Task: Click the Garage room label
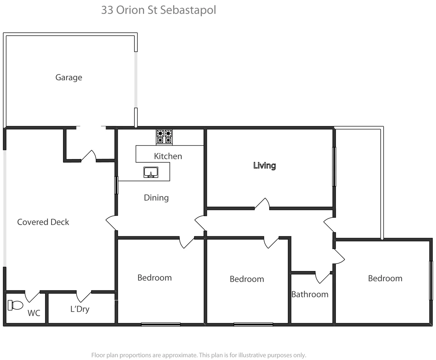pyautogui.click(x=69, y=77)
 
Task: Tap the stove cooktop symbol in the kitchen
pyautogui.click(x=164, y=137)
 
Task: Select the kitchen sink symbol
pyautogui.click(x=151, y=172)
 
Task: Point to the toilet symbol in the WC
pyautogui.click(x=15, y=305)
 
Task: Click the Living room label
pyautogui.click(x=265, y=165)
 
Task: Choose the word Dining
pyautogui.click(x=156, y=198)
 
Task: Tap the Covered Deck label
pyautogui.click(x=43, y=222)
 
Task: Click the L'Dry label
pyautogui.click(x=80, y=309)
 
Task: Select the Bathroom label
pyautogui.click(x=310, y=294)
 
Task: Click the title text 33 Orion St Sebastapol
pyautogui.click(x=158, y=10)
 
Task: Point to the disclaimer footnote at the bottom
pyautogui.click(x=198, y=355)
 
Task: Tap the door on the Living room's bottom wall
pyautogui.click(x=263, y=204)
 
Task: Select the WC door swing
pyautogui.click(x=32, y=296)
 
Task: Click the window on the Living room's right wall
pyautogui.click(x=334, y=166)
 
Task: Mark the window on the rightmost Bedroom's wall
pyautogui.click(x=431, y=280)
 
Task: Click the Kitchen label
pyautogui.click(x=168, y=156)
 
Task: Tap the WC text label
pyautogui.click(x=34, y=313)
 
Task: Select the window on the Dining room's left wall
pyautogui.click(x=116, y=185)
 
